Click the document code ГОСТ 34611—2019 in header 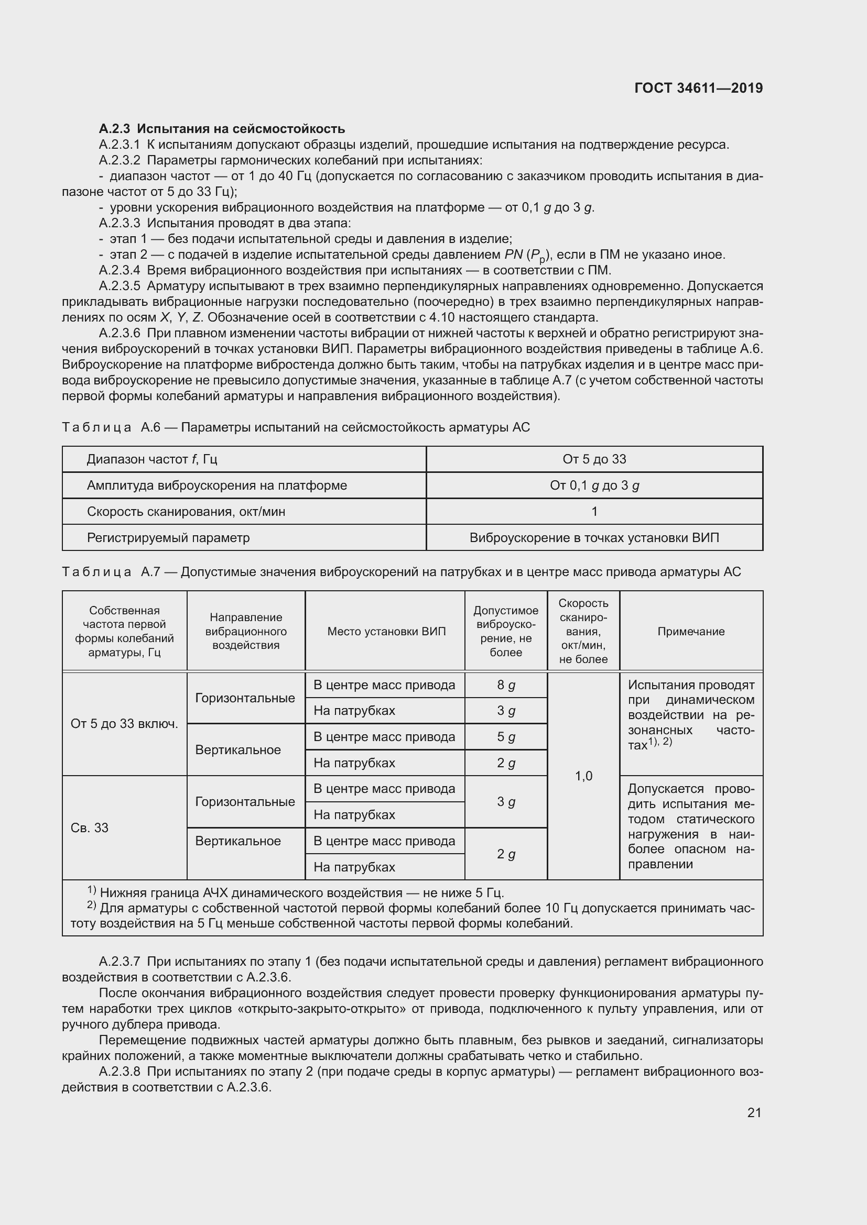pyautogui.click(x=698, y=88)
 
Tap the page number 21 pyautogui.click(x=754, y=1112)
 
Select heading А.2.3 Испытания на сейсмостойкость pyautogui.click(x=222, y=129)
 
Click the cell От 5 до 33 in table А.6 pyautogui.click(x=594, y=459)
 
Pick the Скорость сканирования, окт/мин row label pyautogui.click(x=186, y=512)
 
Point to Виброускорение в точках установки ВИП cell pyautogui.click(x=594, y=538)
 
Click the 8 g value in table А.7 pyautogui.click(x=505, y=685)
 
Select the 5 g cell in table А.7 pyautogui.click(x=505, y=737)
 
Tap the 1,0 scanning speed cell pyautogui.click(x=583, y=776)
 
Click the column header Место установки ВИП pyautogui.click(x=386, y=631)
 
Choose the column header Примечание pyautogui.click(x=691, y=631)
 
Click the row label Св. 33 pyautogui.click(x=90, y=827)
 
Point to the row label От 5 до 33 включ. pyautogui.click(x=124, y=724)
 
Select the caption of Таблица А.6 pyautogui.click(x=296, y=427)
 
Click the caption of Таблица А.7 pyautogui.click(x=402, y=572)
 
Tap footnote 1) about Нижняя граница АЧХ pyautogui.click(x=296, y=893)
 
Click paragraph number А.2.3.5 pyautogui.click(x=120, y=286)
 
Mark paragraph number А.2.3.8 pyautogui.click(x=120, y=1072)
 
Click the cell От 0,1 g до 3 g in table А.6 pyautogui.click(x=594, y=485)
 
